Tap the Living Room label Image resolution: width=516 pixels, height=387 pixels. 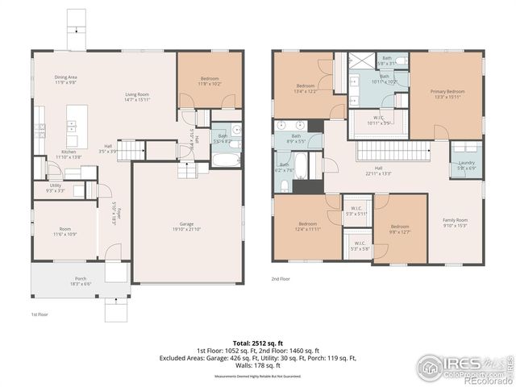point(136,95)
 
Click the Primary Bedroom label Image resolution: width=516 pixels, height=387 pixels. point(447,92)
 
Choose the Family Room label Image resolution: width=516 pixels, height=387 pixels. point(455,219)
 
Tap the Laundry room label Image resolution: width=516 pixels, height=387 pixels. point(467,163)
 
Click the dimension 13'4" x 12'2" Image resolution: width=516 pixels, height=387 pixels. point(306,91)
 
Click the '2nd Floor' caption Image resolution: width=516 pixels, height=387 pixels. point(281,279)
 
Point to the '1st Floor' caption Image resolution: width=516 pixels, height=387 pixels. point(41,314)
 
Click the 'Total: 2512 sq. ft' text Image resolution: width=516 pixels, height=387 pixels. point(259,343)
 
